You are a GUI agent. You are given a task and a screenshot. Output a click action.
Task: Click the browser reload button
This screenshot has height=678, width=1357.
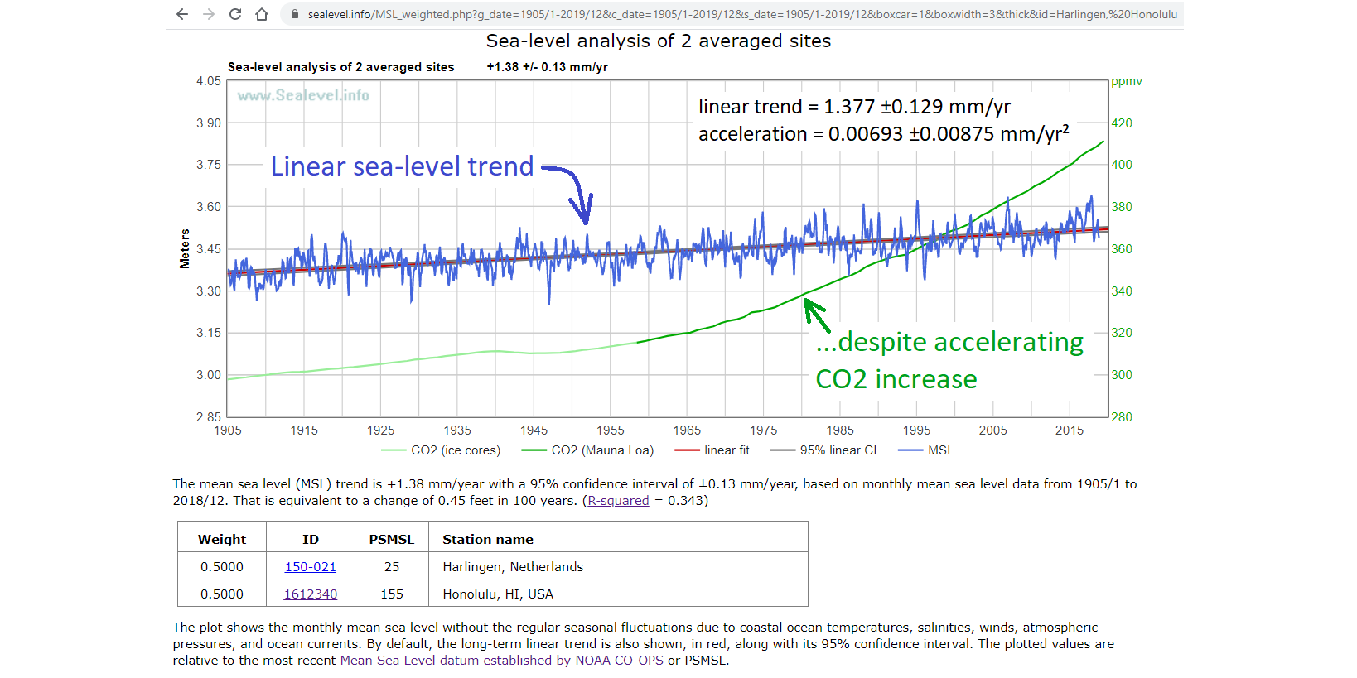235,14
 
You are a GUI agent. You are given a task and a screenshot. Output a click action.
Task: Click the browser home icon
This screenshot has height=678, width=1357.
262,14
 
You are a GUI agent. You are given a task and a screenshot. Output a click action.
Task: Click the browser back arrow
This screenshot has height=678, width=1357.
182,14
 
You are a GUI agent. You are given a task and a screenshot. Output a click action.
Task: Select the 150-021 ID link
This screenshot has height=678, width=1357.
311,567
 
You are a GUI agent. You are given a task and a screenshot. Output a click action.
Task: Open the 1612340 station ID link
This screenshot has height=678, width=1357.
311,594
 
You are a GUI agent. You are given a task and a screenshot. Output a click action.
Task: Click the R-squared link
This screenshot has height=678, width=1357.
618,501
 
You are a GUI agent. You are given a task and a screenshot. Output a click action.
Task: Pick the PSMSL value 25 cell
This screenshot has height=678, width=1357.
392,567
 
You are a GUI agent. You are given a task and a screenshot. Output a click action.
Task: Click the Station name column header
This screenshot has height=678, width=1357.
488,540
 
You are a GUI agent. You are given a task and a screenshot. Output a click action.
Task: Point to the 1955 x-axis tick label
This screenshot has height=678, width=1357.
611,430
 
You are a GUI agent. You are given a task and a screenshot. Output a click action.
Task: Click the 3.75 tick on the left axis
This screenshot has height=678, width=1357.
209,165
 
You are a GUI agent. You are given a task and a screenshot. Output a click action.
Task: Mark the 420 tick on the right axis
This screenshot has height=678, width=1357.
1122,123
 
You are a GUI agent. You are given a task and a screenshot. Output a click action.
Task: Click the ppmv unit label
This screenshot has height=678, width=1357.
1127,81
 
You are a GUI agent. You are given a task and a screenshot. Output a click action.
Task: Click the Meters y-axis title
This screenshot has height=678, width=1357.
185,248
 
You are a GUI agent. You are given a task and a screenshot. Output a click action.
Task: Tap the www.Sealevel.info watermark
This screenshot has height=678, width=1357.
303,95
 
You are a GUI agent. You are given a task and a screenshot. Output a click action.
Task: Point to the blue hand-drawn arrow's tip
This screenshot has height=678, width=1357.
586,222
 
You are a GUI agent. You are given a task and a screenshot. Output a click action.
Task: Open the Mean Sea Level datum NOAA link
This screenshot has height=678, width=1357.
501,661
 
